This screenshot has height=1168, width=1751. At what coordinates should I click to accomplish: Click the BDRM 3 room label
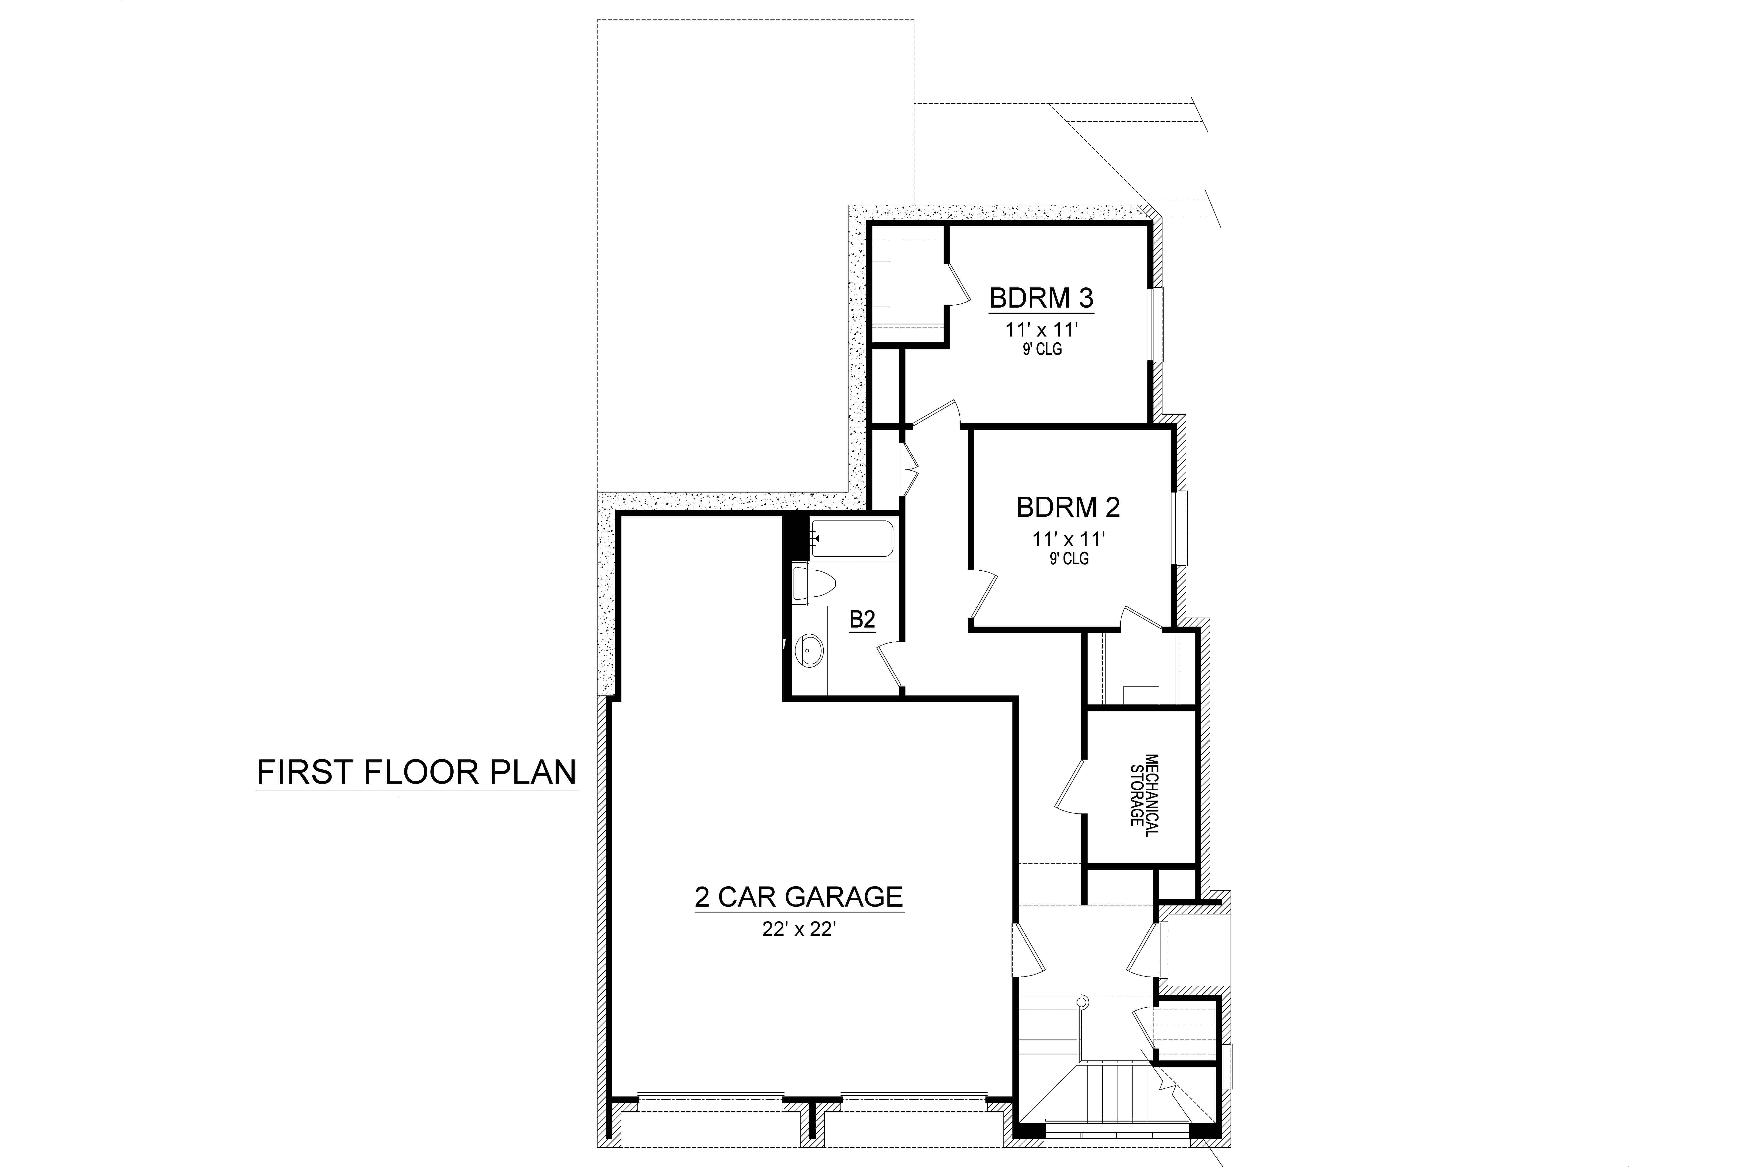click(1041, 298)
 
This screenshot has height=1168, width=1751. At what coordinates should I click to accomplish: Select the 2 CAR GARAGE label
click(799, 897)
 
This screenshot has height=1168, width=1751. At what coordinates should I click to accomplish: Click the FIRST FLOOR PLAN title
click(417, 772)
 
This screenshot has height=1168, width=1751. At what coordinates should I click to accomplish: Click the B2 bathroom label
click(862, 619)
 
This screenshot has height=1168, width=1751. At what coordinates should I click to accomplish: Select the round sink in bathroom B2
click(808, 650)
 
